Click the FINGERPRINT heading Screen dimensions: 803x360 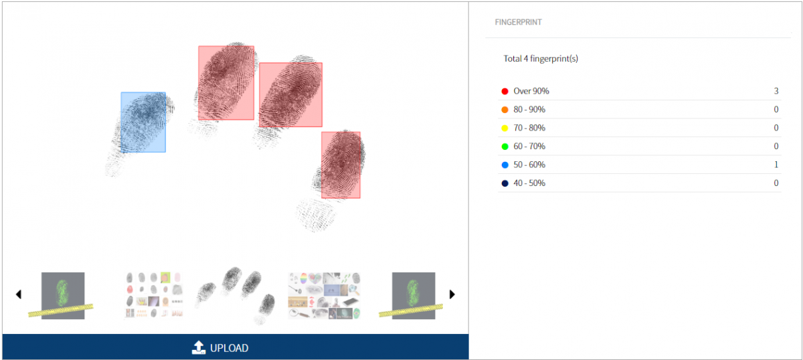tap(518, 22)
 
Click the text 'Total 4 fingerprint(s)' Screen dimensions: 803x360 tap(541, 58)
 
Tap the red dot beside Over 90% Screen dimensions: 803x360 tap(505, 91)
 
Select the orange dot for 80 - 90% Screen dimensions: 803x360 tap(505, 110)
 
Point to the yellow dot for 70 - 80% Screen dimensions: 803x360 tap(505, 128)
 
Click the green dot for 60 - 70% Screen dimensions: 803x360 tap(505, 147)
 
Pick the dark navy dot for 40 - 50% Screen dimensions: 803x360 tap(505, 183)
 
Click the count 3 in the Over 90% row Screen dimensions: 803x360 tap(776, 91)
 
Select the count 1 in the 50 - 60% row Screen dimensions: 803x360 tap(776, 165)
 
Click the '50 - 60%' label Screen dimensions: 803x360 tap(529, 165)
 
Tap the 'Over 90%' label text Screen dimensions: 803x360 tap(531, 91)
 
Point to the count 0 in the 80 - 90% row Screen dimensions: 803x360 tap(776, 109)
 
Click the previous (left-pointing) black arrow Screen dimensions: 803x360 tap(19, 294)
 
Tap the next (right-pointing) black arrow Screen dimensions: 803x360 tap(452, 294)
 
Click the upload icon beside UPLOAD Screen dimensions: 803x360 tap(199, 347)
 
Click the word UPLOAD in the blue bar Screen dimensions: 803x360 tap(229, 348)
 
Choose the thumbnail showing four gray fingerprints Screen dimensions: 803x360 tap(235, 296)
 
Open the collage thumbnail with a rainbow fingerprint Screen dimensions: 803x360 tap(324, 296)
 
